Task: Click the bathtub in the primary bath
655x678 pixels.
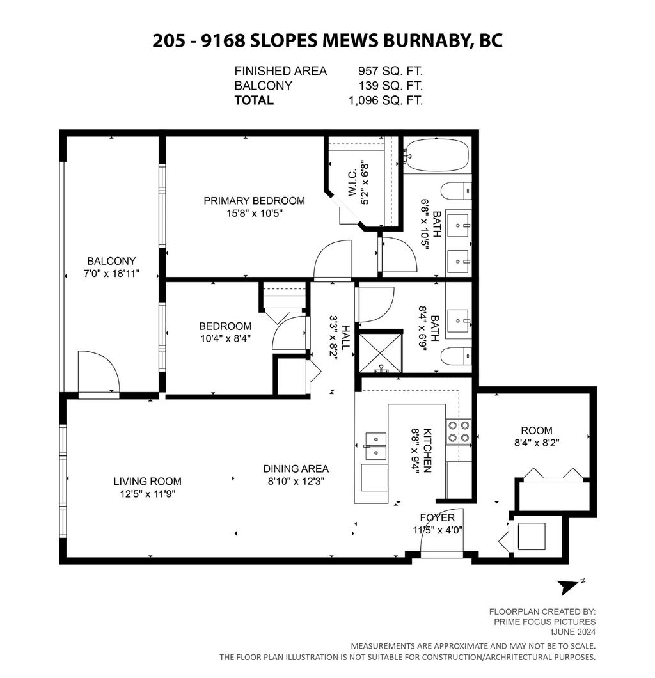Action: click(437, 155)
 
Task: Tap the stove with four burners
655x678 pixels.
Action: click(458, 430)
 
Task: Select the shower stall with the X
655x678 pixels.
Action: click(380, 352)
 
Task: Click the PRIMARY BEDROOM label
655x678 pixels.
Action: click(254, 201)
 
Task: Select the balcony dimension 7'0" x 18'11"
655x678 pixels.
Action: click(113, 273)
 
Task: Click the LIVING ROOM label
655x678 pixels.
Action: click(147, 481)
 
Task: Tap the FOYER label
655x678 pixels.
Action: click(437, 517)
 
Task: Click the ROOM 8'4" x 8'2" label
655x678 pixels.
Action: click(536, 430)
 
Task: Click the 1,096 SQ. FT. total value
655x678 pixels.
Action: click(385, 100)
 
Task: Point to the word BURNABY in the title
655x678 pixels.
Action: click(427, 40)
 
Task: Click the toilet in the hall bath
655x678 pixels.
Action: click(457, 356)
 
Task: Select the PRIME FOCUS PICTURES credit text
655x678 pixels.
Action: click(544, 621)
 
